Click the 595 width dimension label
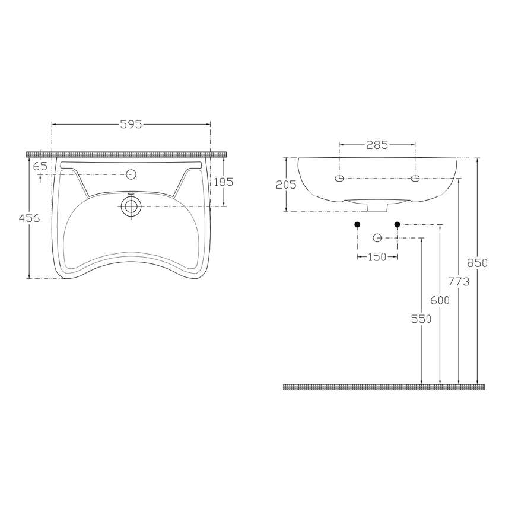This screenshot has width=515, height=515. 131,124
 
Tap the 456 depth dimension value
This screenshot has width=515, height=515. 29,218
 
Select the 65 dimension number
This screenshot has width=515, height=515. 40,167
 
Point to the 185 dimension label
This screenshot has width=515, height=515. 223,182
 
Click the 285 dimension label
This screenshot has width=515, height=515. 377,144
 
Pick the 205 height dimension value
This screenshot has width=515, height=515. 286,185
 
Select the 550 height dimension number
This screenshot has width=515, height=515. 421,319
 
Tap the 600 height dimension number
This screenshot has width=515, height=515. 440,300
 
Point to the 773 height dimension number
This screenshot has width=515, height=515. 459,281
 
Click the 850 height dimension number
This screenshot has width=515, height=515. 477,263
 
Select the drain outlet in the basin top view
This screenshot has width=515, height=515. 131,206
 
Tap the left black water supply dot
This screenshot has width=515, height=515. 357,224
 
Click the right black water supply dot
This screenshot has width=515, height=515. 398,224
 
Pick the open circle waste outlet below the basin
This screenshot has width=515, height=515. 377,238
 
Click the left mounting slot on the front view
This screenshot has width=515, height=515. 339,179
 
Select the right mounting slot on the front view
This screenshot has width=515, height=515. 415,179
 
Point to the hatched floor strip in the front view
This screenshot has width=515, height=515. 384,387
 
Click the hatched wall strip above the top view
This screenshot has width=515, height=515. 127,154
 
